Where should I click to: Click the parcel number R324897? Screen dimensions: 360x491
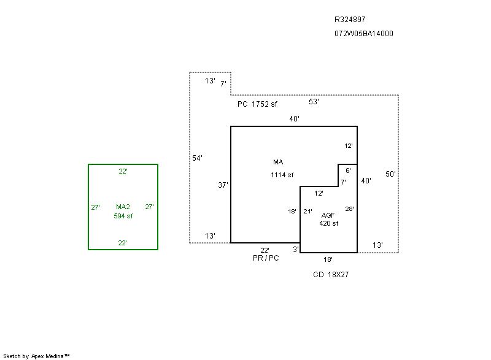[x=350, y=20]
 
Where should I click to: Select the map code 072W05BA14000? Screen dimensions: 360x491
[x=364, y=34]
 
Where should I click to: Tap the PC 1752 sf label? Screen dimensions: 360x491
[x=257, y=104]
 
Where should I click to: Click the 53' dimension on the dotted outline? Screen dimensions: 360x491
[x=314, y=102]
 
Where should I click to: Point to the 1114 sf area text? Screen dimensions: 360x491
[x=282, y=175]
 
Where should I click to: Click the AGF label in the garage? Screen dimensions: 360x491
[x=328, y=215]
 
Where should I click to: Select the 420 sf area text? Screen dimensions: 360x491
[x=328, y=223]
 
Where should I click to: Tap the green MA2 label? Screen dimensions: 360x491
[x=123, y=207]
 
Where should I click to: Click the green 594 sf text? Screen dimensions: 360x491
[x=123, y=216]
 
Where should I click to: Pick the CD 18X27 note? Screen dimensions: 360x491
[x=331, y=275]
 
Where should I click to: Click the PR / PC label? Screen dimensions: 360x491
[x=266, y=258]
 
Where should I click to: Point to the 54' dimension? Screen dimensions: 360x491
[x=197, y=158]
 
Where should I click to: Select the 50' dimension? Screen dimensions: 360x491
[x=390, y=174]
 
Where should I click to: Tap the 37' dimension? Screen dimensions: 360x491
[x=223, y=185]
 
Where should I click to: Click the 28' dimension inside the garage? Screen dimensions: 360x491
[x=349, y=209]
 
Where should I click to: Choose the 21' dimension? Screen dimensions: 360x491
[x=307, y=212]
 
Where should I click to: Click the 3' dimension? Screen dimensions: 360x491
[x=295, y=249]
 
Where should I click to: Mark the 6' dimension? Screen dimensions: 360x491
[x=348, y=170]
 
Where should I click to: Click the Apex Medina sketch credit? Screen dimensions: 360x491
[x=37, y=356]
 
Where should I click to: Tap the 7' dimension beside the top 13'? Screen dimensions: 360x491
[x=223, y=83]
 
